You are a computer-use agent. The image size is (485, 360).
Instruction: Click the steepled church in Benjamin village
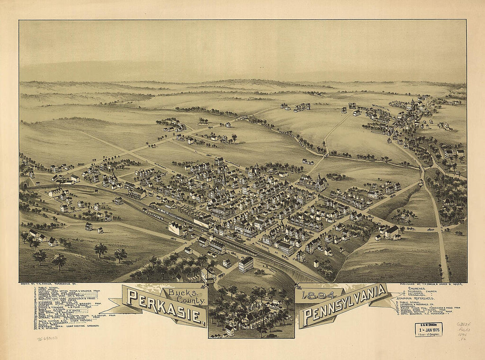pos(412,106)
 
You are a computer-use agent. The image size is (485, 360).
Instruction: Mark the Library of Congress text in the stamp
pos(429,334)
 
